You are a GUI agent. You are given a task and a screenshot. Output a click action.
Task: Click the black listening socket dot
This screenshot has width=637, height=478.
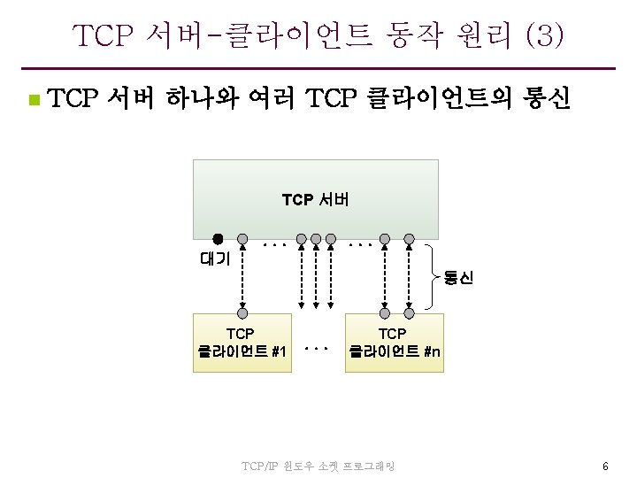coord(218,238)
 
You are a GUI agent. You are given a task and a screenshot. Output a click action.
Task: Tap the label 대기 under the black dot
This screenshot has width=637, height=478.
coord(215,258)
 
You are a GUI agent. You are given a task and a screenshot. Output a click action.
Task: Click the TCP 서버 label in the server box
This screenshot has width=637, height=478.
coord(316,200)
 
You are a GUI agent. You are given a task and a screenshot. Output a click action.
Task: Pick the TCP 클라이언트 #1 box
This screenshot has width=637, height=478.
coord(242,343)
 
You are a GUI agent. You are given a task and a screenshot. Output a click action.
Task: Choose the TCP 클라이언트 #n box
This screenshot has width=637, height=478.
coord(395,343)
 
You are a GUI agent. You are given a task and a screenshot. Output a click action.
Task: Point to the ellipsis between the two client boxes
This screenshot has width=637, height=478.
coord(316,348)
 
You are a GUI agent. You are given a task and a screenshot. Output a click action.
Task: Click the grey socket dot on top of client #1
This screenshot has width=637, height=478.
coord(242,312)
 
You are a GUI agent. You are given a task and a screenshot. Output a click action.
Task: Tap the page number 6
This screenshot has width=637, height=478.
coord(605,466)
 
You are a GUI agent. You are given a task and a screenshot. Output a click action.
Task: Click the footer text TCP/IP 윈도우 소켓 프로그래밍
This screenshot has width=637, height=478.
coord(319,466)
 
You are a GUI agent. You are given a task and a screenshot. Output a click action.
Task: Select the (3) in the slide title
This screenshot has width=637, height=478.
coord(543,36)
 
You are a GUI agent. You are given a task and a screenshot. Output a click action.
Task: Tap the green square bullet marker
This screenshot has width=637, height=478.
coord(33,100)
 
